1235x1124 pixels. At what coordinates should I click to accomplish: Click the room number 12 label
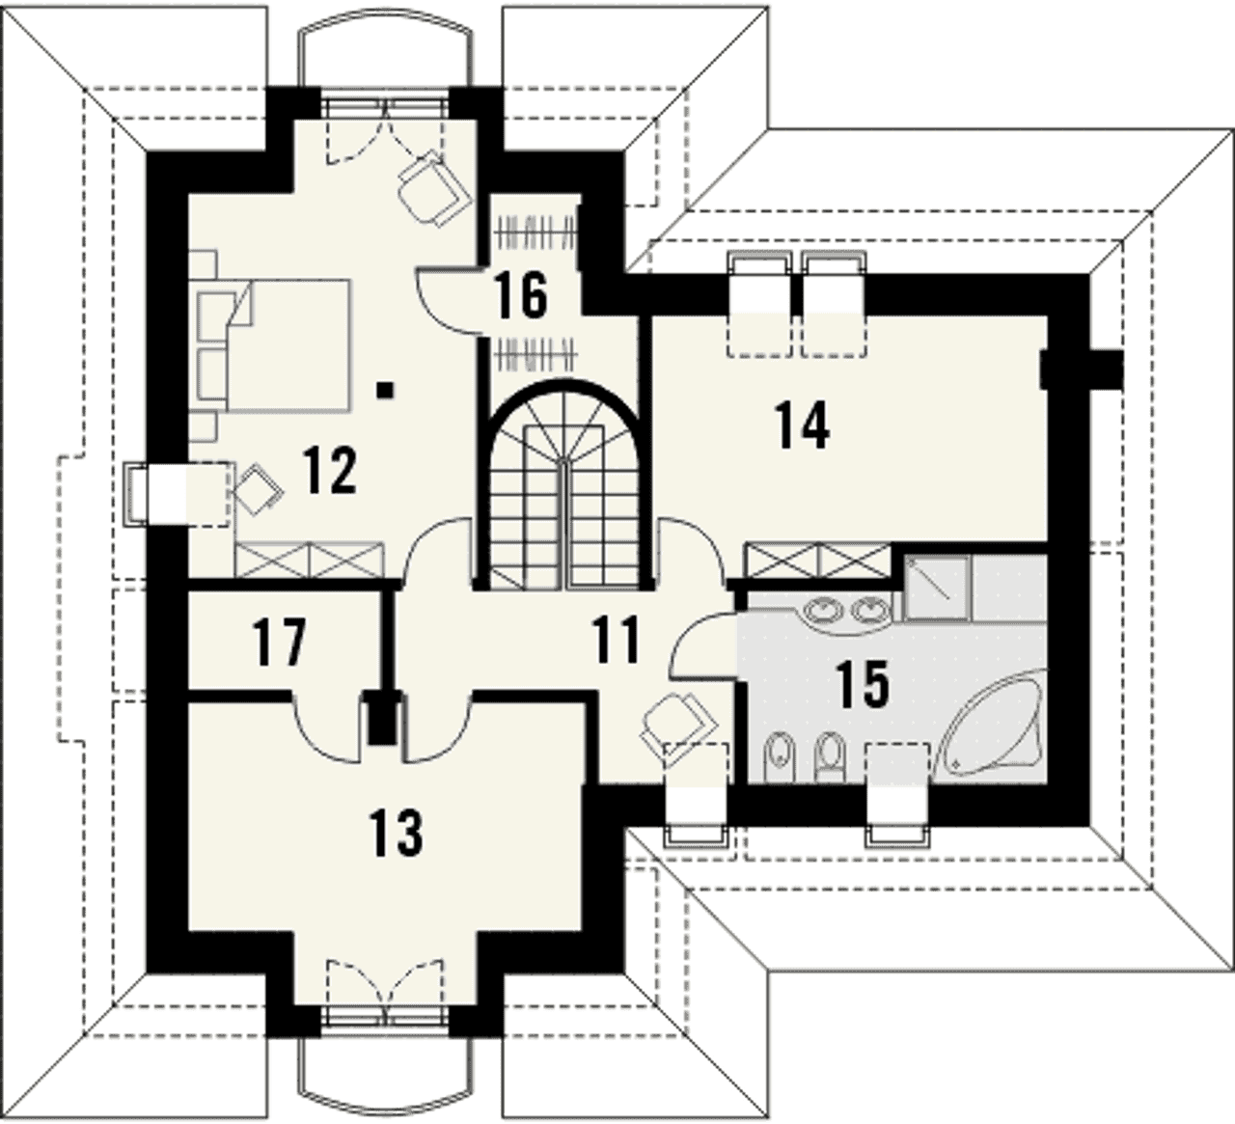point(330,471)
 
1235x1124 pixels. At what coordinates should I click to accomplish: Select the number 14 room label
point(802,424)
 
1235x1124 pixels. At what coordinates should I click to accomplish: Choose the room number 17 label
point(279,643)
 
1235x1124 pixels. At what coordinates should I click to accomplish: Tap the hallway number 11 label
point(616,641)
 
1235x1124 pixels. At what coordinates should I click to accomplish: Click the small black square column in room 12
point(385,390)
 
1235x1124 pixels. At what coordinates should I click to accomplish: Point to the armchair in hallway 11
point(678,726)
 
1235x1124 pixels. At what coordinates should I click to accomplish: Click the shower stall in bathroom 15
point(937,588)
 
